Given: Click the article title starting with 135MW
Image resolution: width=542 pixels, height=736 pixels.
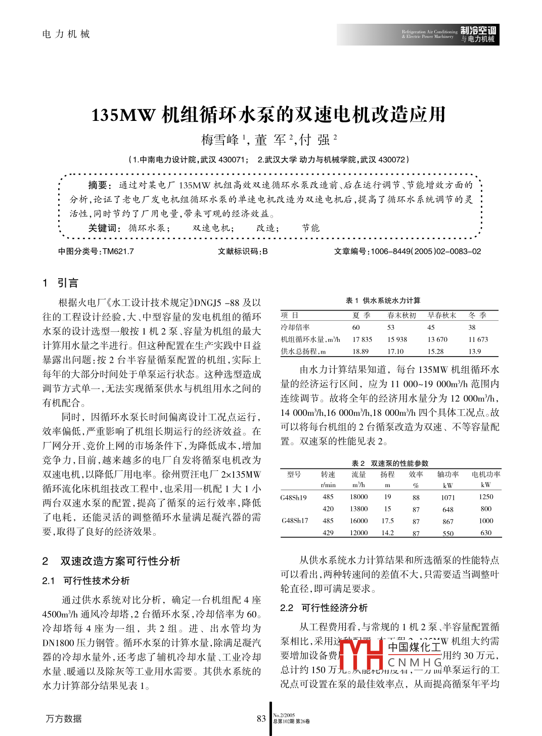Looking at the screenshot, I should pos(268,115).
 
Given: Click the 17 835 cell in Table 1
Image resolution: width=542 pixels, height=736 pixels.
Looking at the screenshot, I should pos(362,339).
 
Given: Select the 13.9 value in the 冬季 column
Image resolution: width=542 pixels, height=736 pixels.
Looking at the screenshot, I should pos(474,352).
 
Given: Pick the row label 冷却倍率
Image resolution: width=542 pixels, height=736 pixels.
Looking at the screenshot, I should pos(295,327).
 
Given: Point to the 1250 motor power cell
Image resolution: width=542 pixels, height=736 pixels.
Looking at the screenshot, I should pos(486,497).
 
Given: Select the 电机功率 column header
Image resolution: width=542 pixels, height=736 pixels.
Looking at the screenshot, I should pos(486,474).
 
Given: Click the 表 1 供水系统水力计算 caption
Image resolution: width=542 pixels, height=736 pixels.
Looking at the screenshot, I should pos(383,300).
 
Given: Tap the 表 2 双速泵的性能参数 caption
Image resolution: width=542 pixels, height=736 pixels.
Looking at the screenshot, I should pos(390,463).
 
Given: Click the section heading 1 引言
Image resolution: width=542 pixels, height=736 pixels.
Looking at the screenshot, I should pos(61,283).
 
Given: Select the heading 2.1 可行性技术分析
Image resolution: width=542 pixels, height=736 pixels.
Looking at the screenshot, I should pos(86,581).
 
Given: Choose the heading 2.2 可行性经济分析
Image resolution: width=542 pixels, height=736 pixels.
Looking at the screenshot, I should pos(324,608).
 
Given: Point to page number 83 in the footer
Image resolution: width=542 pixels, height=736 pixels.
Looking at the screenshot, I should pos(261,719).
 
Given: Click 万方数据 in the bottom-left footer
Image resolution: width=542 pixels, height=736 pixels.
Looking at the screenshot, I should pos(64,718).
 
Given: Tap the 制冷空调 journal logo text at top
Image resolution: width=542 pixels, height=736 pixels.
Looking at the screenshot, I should pos(478,31).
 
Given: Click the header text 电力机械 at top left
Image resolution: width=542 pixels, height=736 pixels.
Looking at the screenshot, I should pos(66,34).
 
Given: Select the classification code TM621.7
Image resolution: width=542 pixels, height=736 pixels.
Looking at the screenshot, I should pos(118,251).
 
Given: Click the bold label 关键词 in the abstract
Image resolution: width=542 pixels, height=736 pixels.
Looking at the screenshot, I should pos(104,228).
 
